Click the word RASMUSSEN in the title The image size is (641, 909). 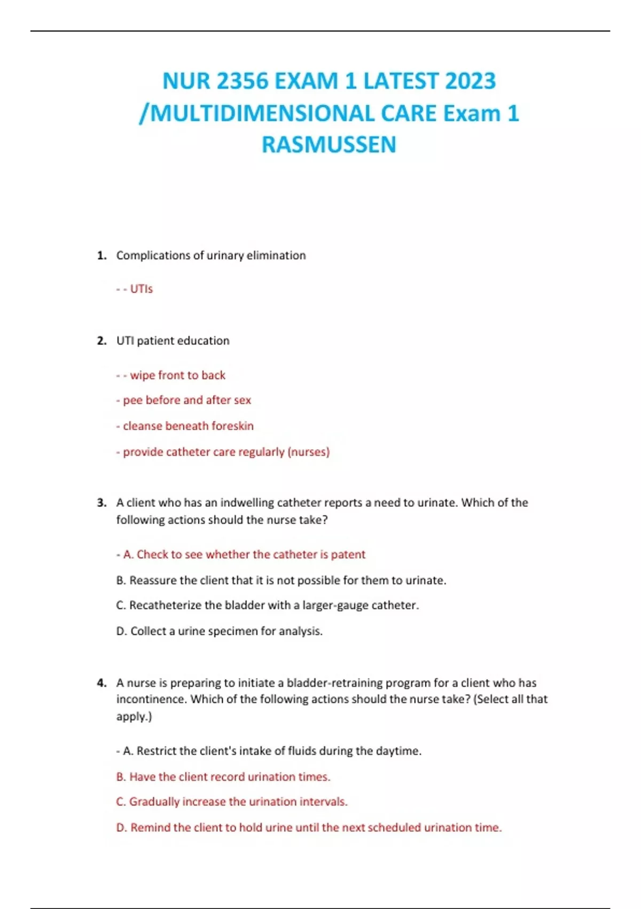[x=329, y=145]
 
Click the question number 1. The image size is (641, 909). [x=101, y=256]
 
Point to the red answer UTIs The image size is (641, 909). [x=141, y=289]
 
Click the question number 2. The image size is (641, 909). [x=101, y=341]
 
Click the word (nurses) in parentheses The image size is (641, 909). [x=308, y=452]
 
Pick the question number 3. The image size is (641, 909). [x=101, y=503]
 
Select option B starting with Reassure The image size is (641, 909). [x=281, y=580]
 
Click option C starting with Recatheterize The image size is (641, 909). [x=267, y=605]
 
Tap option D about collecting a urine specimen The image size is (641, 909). [x=219, y=631]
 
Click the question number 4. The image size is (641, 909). [x=101, y=683]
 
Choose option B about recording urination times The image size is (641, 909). [x=223, y=776]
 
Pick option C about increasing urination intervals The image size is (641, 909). [x=232, y=802]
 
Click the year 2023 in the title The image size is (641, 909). [x=470, y=81]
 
